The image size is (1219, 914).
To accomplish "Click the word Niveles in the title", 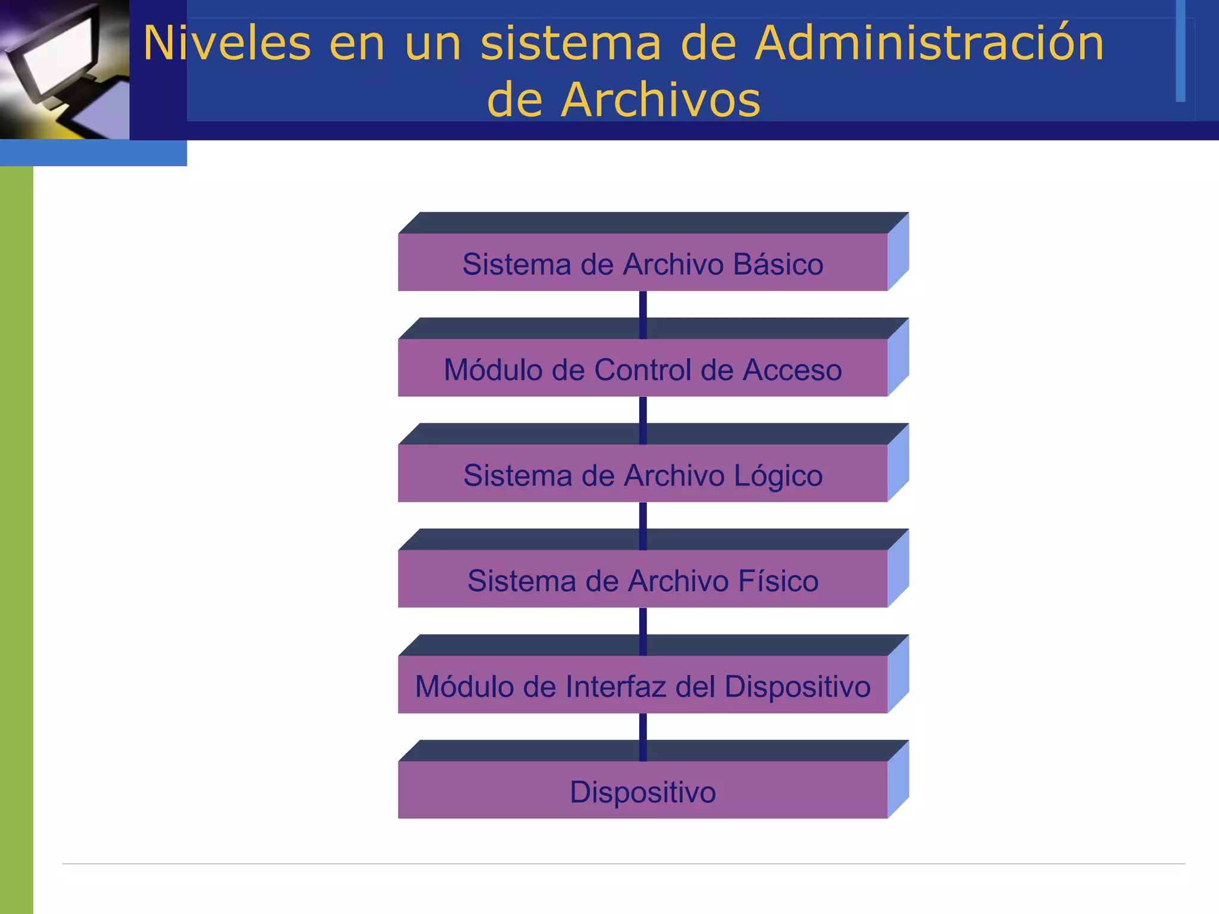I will point(227,43).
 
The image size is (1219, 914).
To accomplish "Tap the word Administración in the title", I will point(929,43).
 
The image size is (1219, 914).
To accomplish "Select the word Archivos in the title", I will point(661,99).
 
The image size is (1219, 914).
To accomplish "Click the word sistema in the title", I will point(570,43).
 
